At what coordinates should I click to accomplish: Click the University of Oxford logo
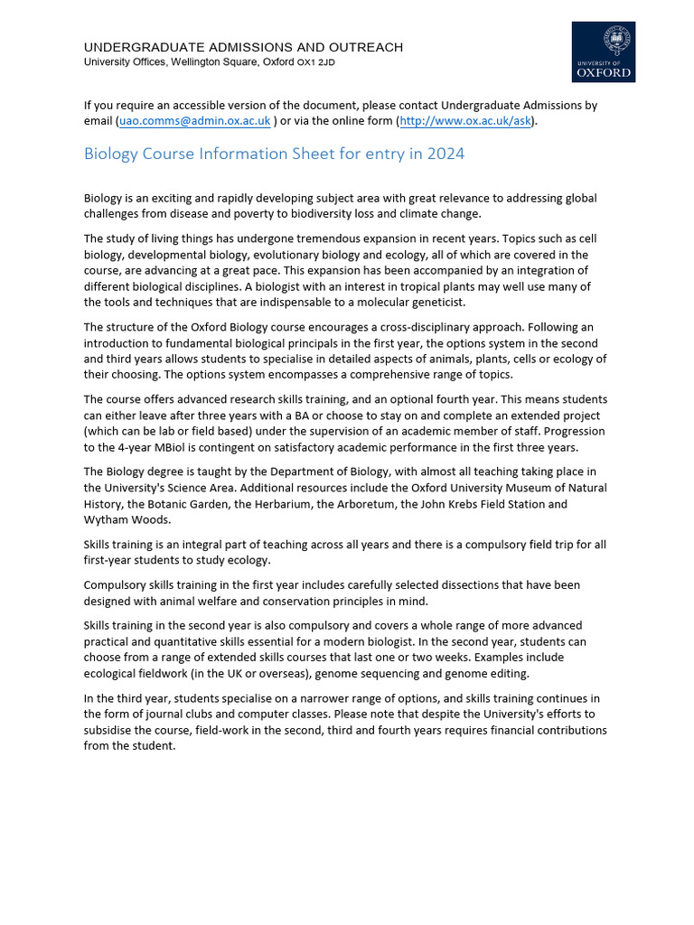pos(604,52)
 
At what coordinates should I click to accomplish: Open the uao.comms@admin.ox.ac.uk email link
pos(194,121)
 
